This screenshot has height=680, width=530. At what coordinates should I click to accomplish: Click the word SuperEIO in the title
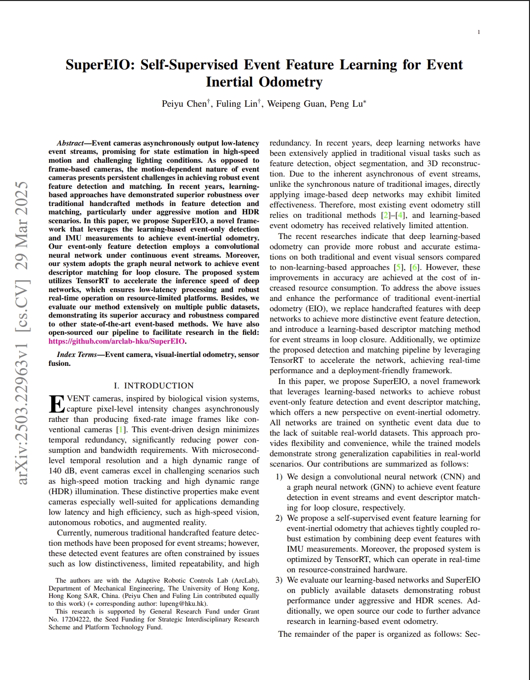(x=99, y=65)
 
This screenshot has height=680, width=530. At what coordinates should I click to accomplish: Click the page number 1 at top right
(x=478, y=32)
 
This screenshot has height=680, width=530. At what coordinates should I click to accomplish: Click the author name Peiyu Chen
(x=184, y=104)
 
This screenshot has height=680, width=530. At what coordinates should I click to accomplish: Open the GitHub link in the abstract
(x=117, y=341)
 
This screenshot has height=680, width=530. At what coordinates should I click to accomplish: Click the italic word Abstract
(x=70, y=143)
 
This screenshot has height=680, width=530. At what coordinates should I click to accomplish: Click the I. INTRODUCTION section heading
(x=154, y=385)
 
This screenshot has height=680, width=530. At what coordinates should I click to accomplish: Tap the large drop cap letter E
(x=57, y=404)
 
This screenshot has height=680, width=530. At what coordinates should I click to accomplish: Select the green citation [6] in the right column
(x=415, y=267)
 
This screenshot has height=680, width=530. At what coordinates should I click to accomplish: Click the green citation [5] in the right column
(x=398, y=267)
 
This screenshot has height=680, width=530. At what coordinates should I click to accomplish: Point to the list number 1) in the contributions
(x=279, y=477)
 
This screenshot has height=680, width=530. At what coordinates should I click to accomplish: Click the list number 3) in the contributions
(x=279, y=580)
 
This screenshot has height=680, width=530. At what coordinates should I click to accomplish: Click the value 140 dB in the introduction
(x=62, y=471)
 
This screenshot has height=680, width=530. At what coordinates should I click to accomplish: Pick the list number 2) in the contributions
(x=279, y=518)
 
